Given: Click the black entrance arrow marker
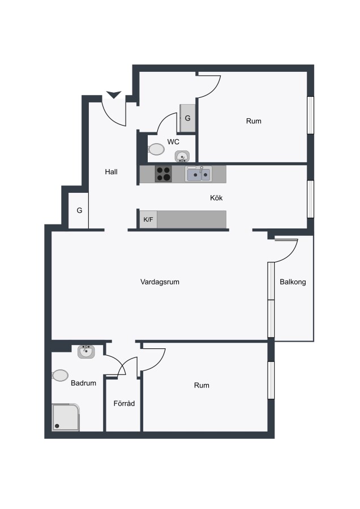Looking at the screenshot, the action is coord(114,94).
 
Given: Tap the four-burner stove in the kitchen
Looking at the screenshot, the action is coord(163,174).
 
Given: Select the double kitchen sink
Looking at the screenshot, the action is coord(199,174).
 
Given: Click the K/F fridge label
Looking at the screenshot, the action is coord(148,220).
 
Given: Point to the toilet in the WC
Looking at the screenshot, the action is coord(156,149).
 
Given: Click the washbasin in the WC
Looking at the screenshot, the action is coord(182,156).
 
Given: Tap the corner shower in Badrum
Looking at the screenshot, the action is coord(66,417).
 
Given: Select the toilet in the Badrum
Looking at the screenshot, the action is coord(60,376).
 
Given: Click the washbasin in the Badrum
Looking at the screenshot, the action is coord(86,352).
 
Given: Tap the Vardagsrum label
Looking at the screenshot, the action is coord(160,282).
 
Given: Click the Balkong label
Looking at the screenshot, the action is coord(293,282).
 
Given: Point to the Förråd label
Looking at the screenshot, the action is coord(124,403).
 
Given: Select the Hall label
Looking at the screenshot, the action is coord(111,172).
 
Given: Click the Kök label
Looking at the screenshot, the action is coord(216,198).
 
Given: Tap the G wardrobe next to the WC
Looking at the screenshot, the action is coord(187,118).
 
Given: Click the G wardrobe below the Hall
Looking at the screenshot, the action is coord(78,211).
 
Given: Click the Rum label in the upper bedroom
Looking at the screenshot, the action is coord(254,121).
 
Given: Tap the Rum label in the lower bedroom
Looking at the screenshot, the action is coord(202,385).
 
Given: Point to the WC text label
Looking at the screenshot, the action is coord(173,142).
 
